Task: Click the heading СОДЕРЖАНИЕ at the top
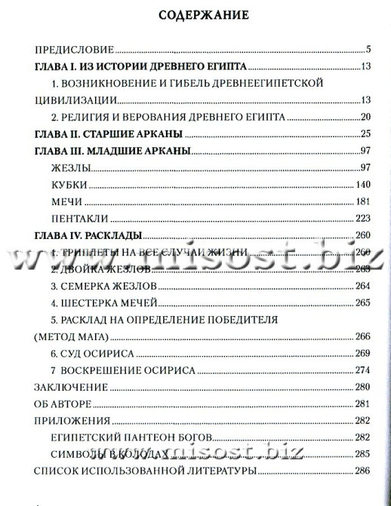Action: (x=195, y=14)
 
